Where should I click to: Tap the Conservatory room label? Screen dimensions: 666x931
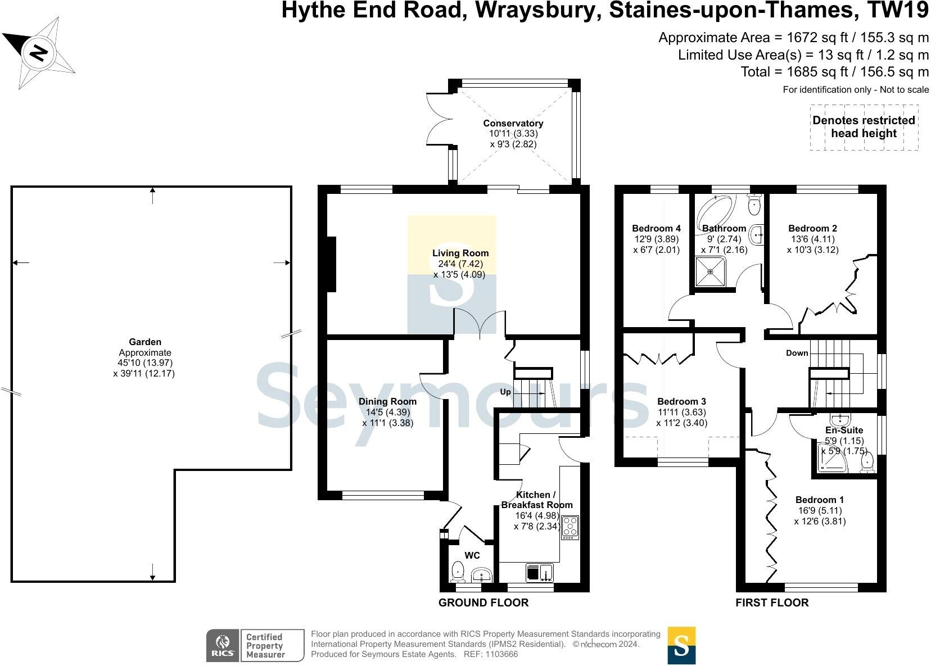(x=513, y=124)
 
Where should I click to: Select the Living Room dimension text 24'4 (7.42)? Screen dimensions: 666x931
(x=460, y=264)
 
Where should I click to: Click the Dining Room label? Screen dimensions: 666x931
(x=387, y=401)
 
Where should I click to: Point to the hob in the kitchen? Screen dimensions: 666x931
(x=570, y=528)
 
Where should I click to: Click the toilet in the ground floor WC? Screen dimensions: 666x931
(x=458, y=573)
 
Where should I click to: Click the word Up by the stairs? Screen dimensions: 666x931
(x=505, y=392)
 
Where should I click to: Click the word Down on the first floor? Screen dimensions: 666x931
(x=797, y=353)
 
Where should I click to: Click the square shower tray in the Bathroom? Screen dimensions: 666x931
(x=710, y=271)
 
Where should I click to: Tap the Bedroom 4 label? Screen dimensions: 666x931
(x=656, y=228)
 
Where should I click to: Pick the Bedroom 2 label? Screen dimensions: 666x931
(x=812, y=228)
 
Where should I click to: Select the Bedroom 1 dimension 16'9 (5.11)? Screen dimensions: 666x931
(x=820, y=510)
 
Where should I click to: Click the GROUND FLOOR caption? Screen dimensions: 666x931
(x=483, y=603)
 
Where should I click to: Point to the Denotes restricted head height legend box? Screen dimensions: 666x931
(x=864, y=127)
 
